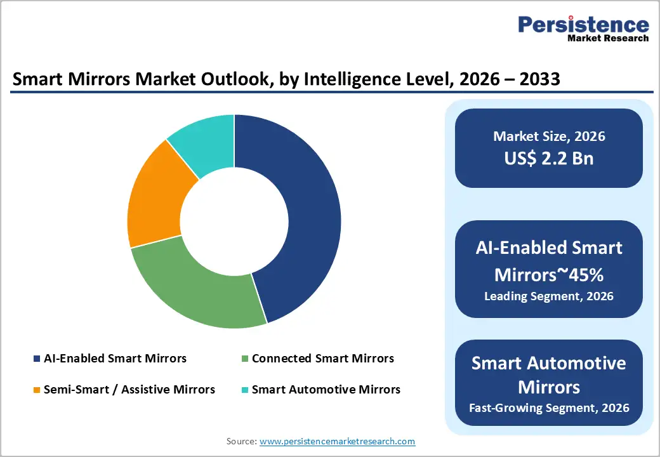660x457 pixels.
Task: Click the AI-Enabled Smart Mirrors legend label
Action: [x=115, y=359]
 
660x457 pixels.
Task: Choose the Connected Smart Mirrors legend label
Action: [x=322, y=359]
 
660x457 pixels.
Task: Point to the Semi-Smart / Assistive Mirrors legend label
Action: [x=129, y=389]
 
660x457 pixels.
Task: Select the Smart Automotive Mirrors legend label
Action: [x=326, y=389]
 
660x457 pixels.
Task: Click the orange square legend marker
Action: [x=37, y=390]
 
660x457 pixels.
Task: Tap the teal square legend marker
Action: [x=245, y=390]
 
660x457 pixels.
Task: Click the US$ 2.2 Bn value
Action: [x=549, y=158]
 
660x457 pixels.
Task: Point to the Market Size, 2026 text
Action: [x=549, y=136]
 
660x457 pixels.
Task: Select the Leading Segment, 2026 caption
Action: [x=549, y=296]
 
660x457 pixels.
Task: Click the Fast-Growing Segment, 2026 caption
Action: [x=549, y=407]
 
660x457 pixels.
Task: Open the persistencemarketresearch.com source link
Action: [x=338, y=441]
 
